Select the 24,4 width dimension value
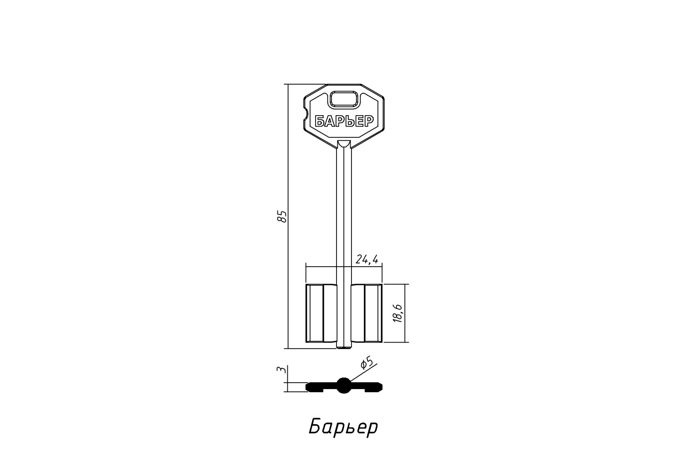click(x=367, y=259)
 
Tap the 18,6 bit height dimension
click(x=398, y=313)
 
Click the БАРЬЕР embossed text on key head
click(x=344, y=121)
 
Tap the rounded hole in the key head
click(x=344, y=99)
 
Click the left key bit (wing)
click(x=321, y=313)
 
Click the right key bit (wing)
click(x=367, y=313)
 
